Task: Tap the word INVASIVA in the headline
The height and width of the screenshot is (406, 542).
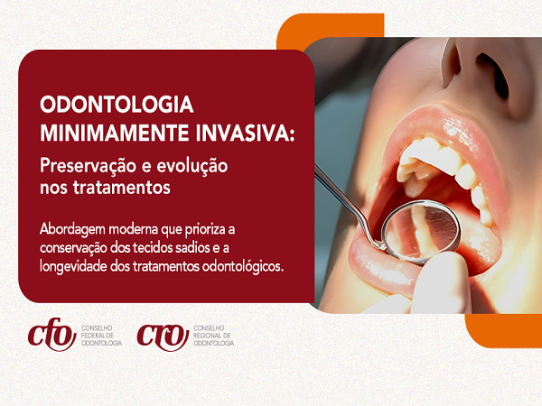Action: coord(235,133)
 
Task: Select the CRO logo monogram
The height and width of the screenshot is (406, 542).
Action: coord(163,337)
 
